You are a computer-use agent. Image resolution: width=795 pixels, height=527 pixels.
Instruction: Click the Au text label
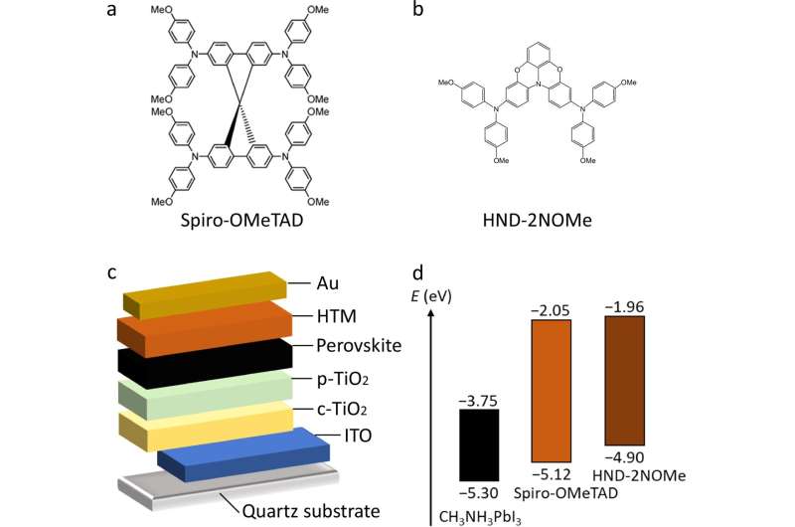click(324, 283)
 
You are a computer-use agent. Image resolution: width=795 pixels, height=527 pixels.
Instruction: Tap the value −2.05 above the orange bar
click(553, 312)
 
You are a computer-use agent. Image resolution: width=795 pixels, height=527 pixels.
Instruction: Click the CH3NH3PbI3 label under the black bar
click(478, 515)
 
